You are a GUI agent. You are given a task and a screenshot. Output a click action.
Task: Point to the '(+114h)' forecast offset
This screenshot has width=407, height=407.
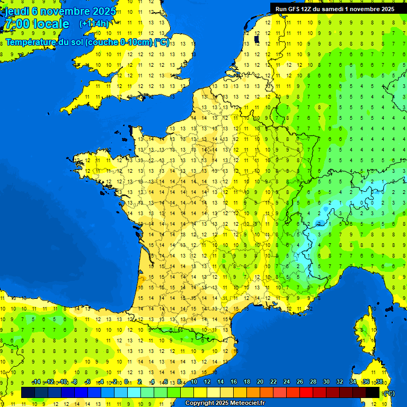[94, 24]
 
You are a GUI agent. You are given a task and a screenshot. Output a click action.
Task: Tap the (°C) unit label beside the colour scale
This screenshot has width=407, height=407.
[389, 393]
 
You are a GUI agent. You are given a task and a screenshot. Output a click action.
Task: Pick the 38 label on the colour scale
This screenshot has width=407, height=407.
[379, 382]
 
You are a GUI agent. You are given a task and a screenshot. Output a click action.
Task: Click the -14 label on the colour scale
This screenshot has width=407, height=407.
[36, 382]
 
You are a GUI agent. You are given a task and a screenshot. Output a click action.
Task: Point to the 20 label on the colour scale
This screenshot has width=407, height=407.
[260, 382]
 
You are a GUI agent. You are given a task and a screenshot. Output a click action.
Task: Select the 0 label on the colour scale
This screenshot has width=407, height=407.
[126, 382]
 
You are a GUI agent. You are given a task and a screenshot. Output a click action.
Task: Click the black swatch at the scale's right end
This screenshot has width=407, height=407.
[373, 393]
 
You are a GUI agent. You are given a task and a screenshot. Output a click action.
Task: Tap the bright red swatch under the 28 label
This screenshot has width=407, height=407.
[306, 393]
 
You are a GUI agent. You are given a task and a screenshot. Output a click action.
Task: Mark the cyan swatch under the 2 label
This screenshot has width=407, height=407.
[134, 393]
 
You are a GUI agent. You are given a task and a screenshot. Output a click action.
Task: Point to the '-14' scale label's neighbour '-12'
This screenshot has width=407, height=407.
[49, 382]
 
